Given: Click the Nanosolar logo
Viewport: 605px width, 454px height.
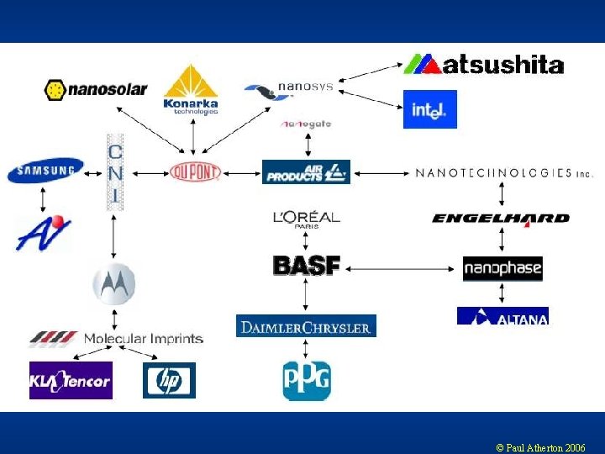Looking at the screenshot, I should [x=96, y=89].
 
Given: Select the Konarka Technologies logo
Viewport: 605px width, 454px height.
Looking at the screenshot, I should [x=191, y=90].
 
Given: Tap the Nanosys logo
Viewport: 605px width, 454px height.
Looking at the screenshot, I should [x=289, y=90].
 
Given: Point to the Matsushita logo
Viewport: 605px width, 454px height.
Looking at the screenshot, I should [x=483, y=64].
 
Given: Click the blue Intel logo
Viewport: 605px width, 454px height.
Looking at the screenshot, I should [x=429, y=109].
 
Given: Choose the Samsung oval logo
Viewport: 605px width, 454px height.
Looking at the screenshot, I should [x=45, y=171].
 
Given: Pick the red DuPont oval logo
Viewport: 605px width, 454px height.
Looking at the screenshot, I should [x=194, y=172].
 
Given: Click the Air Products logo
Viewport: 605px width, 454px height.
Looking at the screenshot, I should [x=306, y=172].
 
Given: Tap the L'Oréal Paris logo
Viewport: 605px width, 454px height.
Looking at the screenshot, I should [x=306, y=218].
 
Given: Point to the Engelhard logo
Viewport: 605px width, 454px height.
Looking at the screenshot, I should [x=501, y=219].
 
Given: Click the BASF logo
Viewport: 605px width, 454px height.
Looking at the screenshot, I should [x=307, y=266].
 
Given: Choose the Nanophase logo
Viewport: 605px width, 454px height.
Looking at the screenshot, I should [x=502, y=269].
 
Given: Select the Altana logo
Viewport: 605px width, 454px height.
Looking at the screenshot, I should [x=502, y=316].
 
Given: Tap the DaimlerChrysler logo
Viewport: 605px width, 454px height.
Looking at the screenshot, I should [x=306, y=326].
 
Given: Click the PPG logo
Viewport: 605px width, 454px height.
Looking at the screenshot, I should [x=307, y=380].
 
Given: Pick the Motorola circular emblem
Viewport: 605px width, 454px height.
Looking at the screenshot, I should [x=113, y=284].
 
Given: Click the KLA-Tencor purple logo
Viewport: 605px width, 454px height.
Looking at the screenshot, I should [x=71, y=380].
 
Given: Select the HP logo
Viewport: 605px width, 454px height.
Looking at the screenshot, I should [x=169, y=380].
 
